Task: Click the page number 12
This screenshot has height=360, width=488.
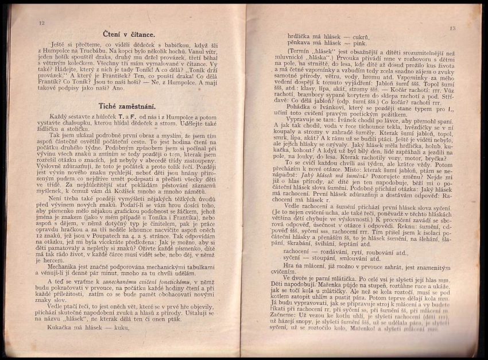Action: tap(41, 22)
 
